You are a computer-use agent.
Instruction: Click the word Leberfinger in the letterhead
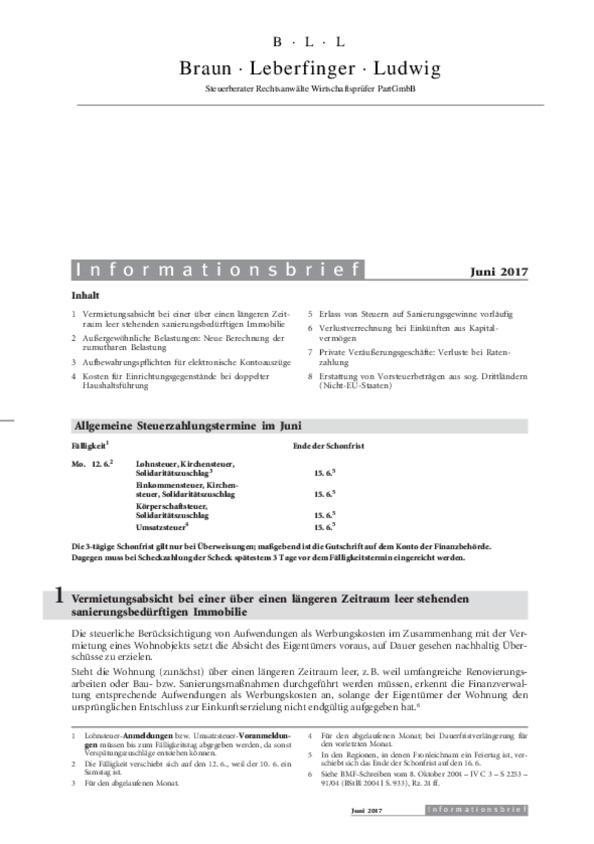302,68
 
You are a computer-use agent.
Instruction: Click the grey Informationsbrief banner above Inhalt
218,270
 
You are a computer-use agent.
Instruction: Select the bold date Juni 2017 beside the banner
499,272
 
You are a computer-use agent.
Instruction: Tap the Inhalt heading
85,295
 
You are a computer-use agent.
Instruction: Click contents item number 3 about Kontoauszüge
186,362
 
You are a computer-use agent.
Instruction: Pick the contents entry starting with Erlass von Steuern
415,314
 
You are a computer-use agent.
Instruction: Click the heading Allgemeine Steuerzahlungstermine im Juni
188,426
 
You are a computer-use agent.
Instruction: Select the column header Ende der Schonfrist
328,446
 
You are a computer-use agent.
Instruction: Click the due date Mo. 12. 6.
92,464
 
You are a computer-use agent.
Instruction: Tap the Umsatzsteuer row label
161,528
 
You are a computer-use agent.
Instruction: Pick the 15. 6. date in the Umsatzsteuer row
324,528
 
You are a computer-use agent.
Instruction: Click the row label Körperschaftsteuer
171,507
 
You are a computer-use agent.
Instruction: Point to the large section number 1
59,596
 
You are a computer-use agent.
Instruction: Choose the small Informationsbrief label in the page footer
476,810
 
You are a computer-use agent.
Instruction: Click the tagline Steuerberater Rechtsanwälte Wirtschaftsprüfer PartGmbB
310,89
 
